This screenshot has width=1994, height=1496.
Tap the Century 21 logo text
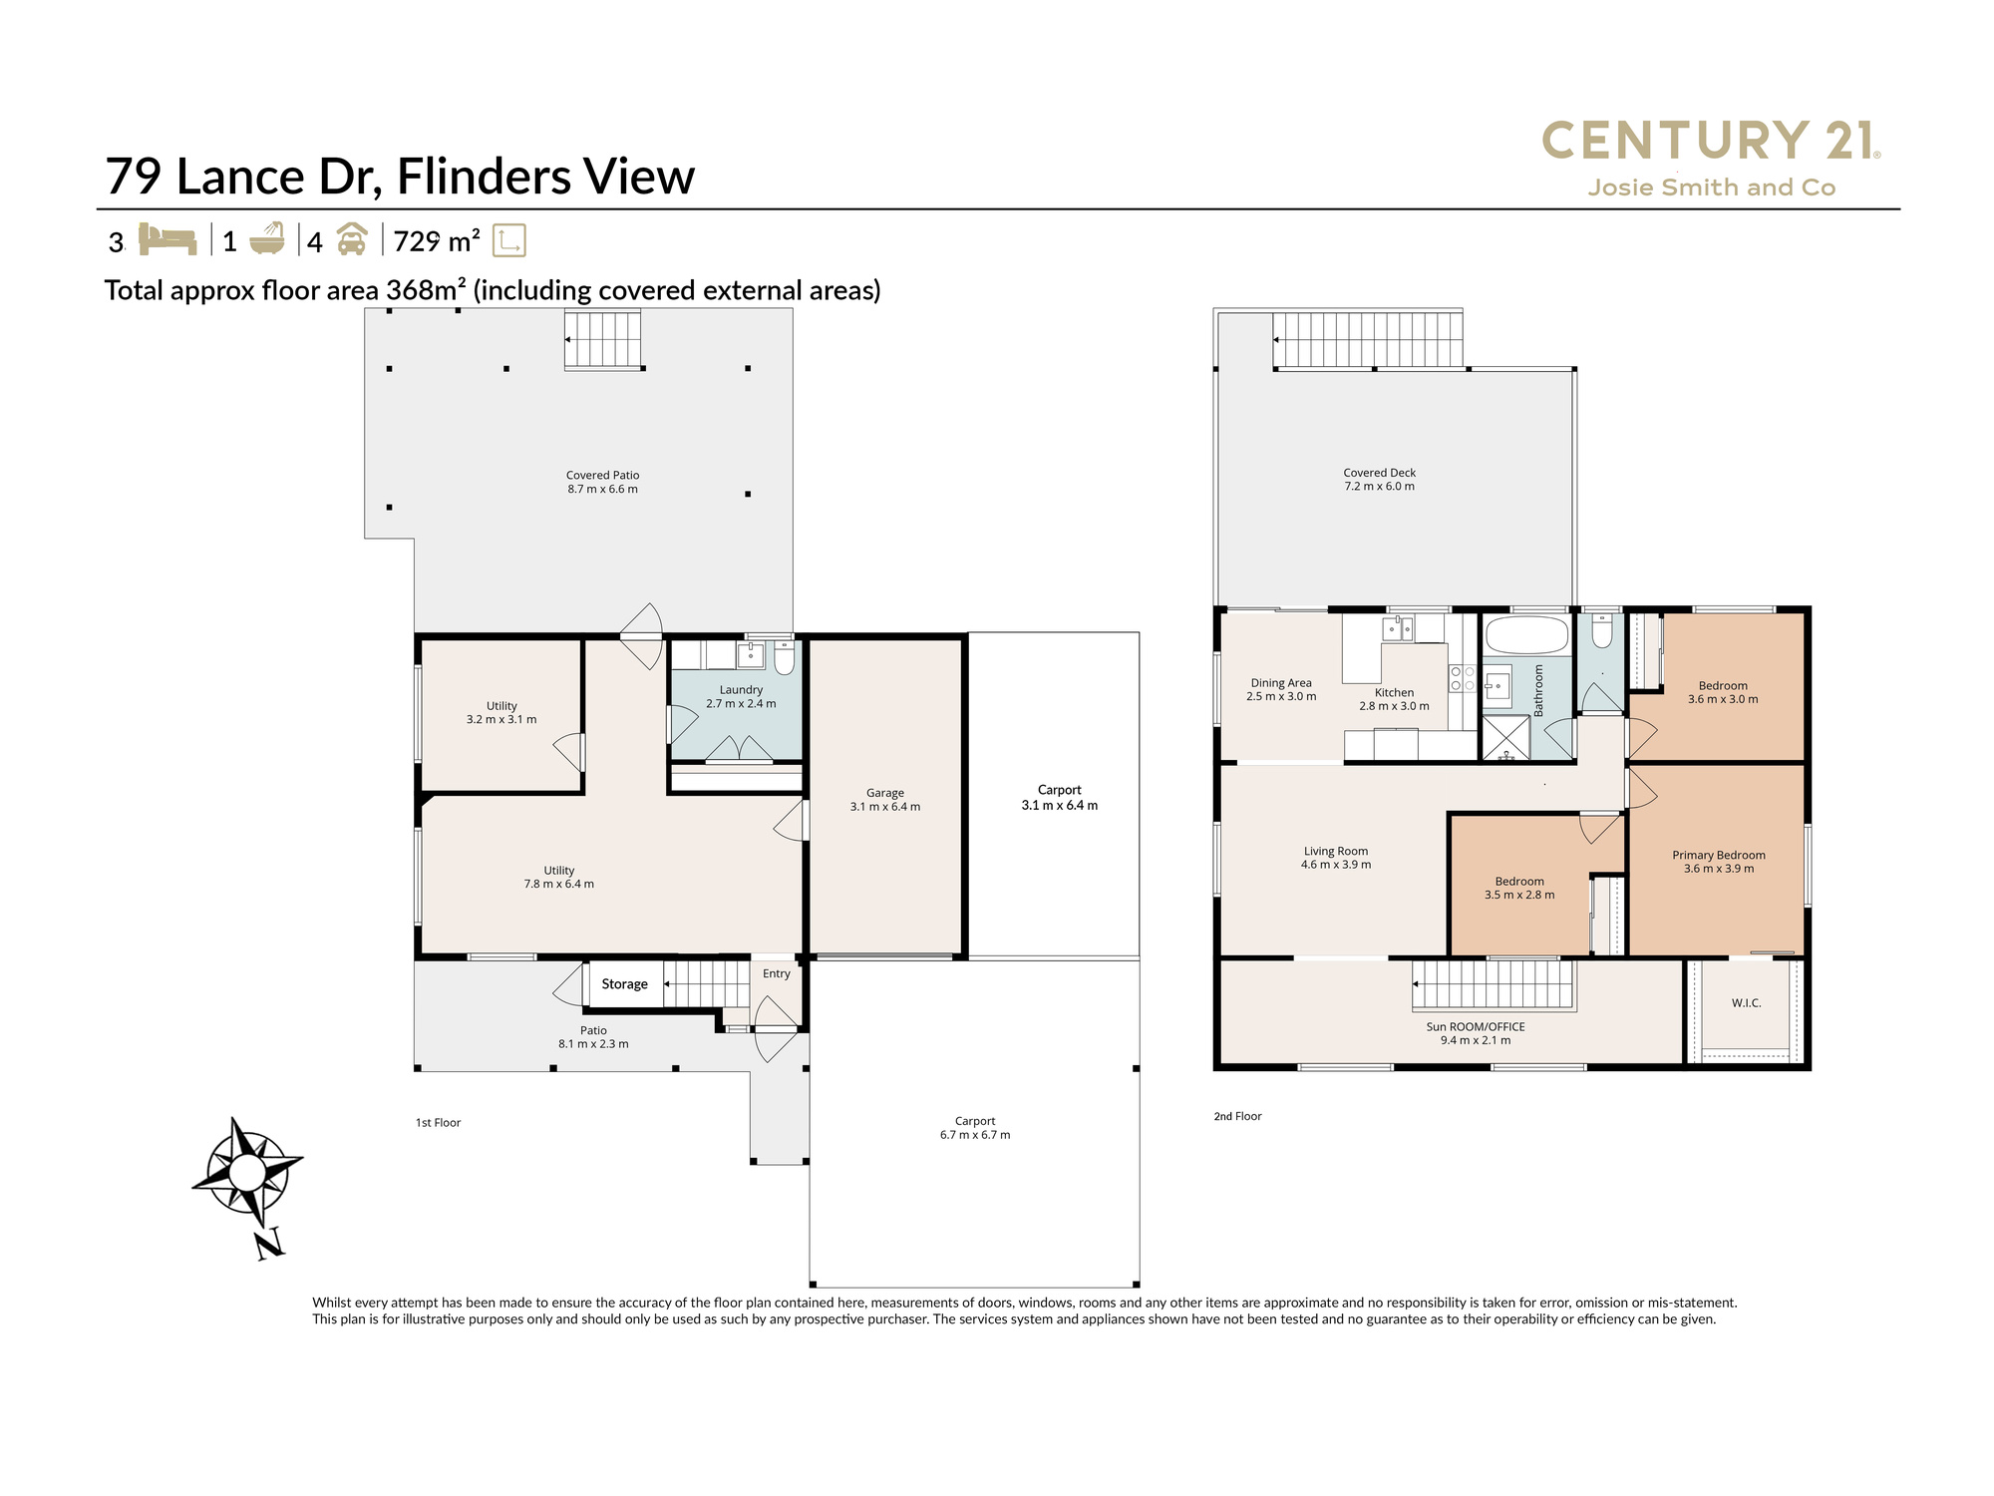click(1711, 141)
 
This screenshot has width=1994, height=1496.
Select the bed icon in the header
click(167, 240)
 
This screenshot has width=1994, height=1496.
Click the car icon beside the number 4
click(351, 240)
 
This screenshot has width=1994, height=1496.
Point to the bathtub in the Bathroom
click(1525, 635)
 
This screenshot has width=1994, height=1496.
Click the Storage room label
click(625, 984)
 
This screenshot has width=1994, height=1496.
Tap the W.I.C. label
click(1747, 1003)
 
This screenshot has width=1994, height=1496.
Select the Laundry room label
click(741, 690)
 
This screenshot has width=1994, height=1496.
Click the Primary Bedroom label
click(1719, 855)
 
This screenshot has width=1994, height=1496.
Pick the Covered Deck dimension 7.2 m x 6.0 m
click(1380, 487)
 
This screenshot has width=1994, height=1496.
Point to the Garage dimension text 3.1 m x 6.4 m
click(885, 807)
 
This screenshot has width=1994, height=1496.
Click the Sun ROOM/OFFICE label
click(1476, 1026)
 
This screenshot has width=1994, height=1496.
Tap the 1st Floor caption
click(439, 1123)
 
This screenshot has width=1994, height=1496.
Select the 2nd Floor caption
click(1238, 1117)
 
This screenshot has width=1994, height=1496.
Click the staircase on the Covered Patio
click(603, 340)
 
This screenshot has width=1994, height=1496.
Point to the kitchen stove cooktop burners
click(1463, 678)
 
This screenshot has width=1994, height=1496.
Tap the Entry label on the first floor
click(777, 973)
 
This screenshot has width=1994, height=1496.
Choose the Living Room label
click(1336, 852)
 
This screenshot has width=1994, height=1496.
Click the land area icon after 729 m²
click(509, 240)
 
